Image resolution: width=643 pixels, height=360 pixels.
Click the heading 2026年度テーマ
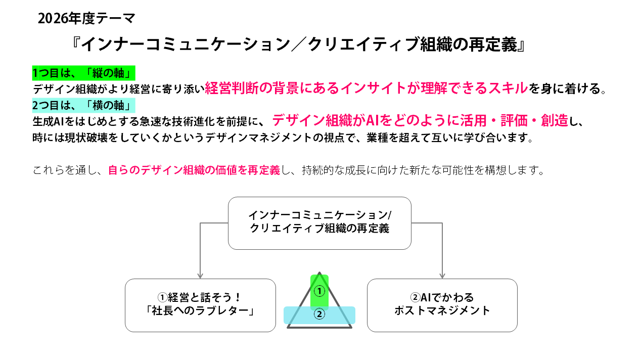click(x=86, y=19)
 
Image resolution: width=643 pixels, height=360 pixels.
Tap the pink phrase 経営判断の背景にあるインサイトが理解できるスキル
click(x=366, y=88)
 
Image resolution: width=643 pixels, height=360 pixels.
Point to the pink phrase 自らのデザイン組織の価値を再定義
click(x=194, y=170)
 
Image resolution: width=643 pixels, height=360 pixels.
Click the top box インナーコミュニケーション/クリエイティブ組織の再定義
click(x=319, y=223)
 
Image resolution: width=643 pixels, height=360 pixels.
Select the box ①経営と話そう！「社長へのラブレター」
click(x=200, y=305)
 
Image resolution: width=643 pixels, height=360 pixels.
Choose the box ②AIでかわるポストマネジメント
click(x=442, y=305)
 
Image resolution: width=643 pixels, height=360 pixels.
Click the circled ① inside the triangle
click(x=319, y=291)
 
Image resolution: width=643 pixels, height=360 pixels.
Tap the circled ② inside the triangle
click(x=319, y=314)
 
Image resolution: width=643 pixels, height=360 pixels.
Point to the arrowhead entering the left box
click(x=200, y=276)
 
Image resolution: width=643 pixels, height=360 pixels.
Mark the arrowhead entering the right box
click(x=442, y=276)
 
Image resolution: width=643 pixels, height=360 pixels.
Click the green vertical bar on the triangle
click(x=319, y=283)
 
